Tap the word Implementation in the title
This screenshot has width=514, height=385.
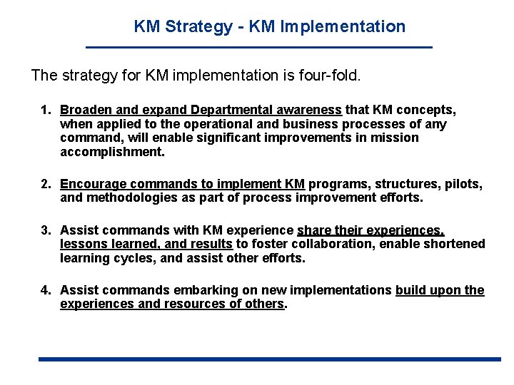[x=343, y=27]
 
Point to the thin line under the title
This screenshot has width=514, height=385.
[x=259, y=47]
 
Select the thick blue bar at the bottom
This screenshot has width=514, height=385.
[x=270, y=359]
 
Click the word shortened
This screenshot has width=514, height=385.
[x=450, y=245]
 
